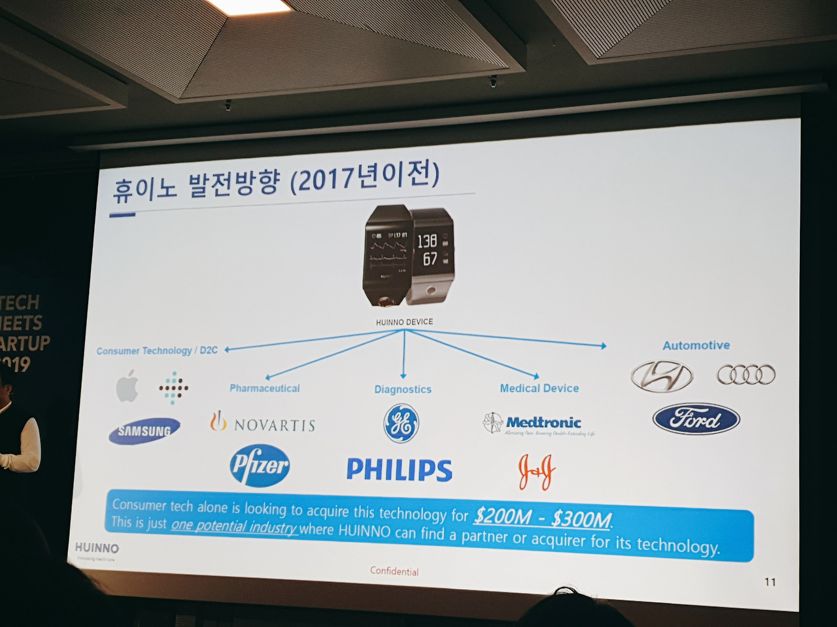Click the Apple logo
(127, 387)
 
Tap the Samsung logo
(145, 430)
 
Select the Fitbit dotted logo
(173, 388)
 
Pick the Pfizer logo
(260, 466)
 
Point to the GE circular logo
(401, 423)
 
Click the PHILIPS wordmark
(399, 470)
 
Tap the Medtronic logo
(539, 424)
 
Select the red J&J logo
(537, 471)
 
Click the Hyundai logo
(662, 376)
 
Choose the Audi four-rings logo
(746, 374)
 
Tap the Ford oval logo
(696, 419)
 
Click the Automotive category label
(696, 346)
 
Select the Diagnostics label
(403, 389)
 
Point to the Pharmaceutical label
(264, 388)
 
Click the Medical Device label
(539, 388)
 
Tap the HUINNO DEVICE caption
(404, 322)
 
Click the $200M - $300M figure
(543, 517)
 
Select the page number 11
(770, 581)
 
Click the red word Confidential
(394, 571)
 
